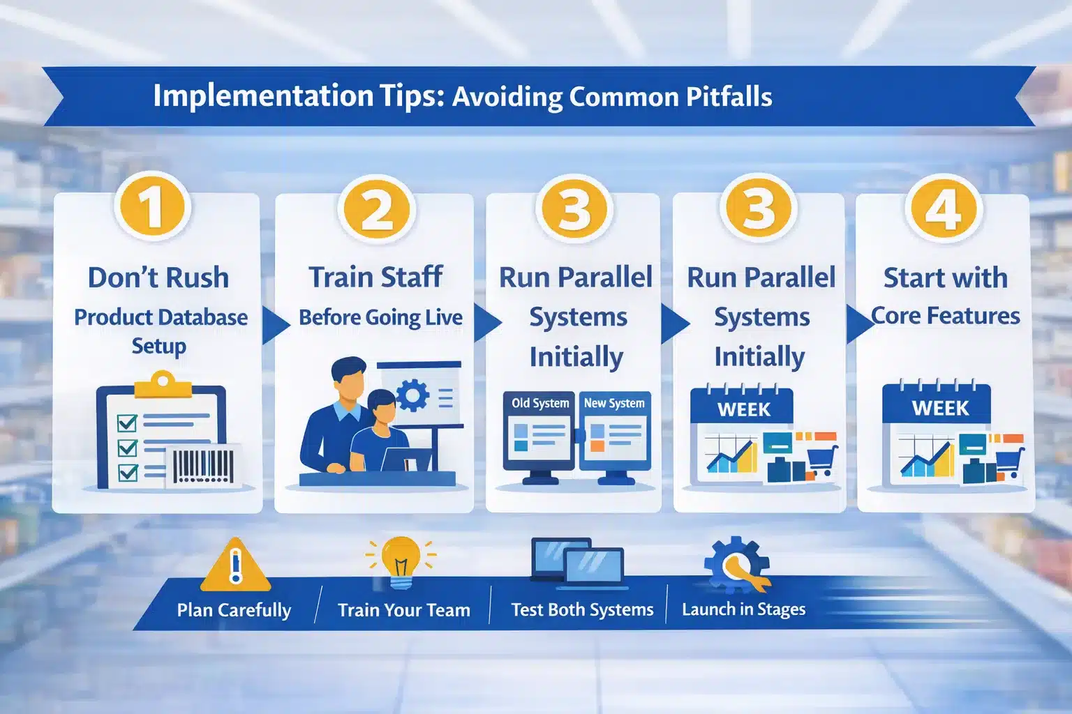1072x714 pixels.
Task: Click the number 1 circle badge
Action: pyautogui.click(x=153, y=207)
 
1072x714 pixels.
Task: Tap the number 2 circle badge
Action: pyautogui.click(x=377, y=208)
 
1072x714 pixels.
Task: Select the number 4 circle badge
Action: pyautogui.click(x=944, y=208)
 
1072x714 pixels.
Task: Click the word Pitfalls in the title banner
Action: pyautogui.click(x=729, y=97)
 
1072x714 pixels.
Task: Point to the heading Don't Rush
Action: pyautogui.click(x=158, y=278)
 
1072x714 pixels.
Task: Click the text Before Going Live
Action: pyautogui.click(x=380, y=318)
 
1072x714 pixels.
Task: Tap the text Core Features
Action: pyautogui.click(x=946, y=316)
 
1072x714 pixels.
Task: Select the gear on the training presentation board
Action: pyautogui.click(x=412, y=395)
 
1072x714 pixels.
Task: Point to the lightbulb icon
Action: pyautogui.click(x=401, y=561)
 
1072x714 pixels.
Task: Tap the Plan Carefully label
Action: pyautogui.click(x=234, y=610)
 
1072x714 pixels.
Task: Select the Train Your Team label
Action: pyautogui.click(x=404, y=610)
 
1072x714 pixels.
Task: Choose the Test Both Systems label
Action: pyautogui.click(x=582, y=610)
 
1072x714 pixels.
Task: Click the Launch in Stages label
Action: pyautogui.click(x=743, y=609)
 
